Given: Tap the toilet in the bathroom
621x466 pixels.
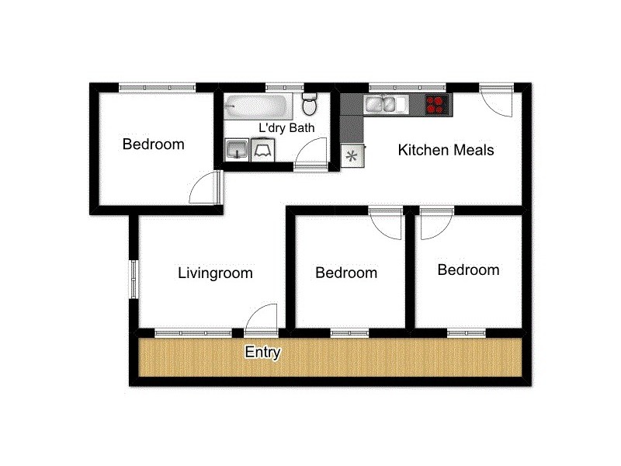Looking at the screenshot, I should pos(310,104).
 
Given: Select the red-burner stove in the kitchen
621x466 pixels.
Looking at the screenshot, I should pos(438,104).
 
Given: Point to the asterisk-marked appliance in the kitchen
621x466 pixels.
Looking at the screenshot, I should pos(352,155).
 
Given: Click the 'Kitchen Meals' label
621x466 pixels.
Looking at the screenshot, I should pos(446,150).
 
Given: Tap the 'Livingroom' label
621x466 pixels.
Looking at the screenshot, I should pos(215,273).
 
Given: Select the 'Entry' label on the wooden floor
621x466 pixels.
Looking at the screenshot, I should pos(262,353).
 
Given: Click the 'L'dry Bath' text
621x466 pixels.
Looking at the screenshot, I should pos(286,128).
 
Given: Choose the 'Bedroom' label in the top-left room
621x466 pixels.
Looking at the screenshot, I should pos(154,144).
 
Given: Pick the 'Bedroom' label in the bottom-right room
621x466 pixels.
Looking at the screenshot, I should pos(468,270).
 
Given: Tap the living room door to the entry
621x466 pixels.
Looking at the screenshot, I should pos(262,318).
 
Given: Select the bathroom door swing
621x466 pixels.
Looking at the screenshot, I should pos(312,152).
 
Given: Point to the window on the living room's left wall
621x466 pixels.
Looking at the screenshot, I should pos(134,277).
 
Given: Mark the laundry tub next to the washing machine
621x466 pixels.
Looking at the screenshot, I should pos(236,148).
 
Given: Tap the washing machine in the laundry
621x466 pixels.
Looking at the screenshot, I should pos(262,148).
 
